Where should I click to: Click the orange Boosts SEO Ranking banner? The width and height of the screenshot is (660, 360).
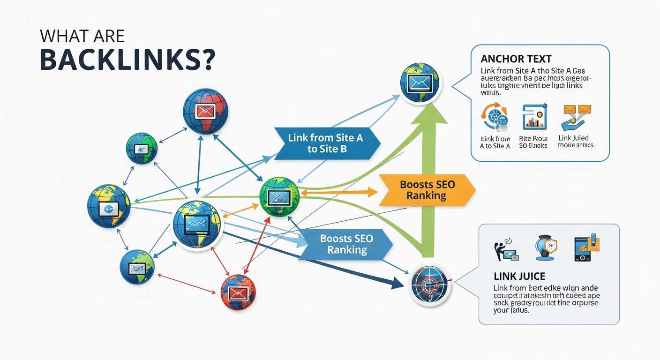click(427, 190)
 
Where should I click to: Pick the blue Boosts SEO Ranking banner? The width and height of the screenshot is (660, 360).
click(346, 244)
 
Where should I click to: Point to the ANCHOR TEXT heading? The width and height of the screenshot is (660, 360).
click(516, 59)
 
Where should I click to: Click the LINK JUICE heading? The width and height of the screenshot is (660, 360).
click(519, 277)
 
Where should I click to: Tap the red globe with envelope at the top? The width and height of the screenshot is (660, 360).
click(205, 111)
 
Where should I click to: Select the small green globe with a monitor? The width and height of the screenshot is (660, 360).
click(141, 149)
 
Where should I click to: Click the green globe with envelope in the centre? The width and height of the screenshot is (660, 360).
click(279, 196)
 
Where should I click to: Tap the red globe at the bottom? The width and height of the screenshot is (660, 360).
click(238, 292)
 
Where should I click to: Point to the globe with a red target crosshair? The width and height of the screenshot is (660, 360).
click(429, 285)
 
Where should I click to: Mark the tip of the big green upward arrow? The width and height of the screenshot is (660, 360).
click(428, 105)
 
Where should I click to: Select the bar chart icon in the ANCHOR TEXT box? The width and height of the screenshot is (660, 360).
click(534, 117)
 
